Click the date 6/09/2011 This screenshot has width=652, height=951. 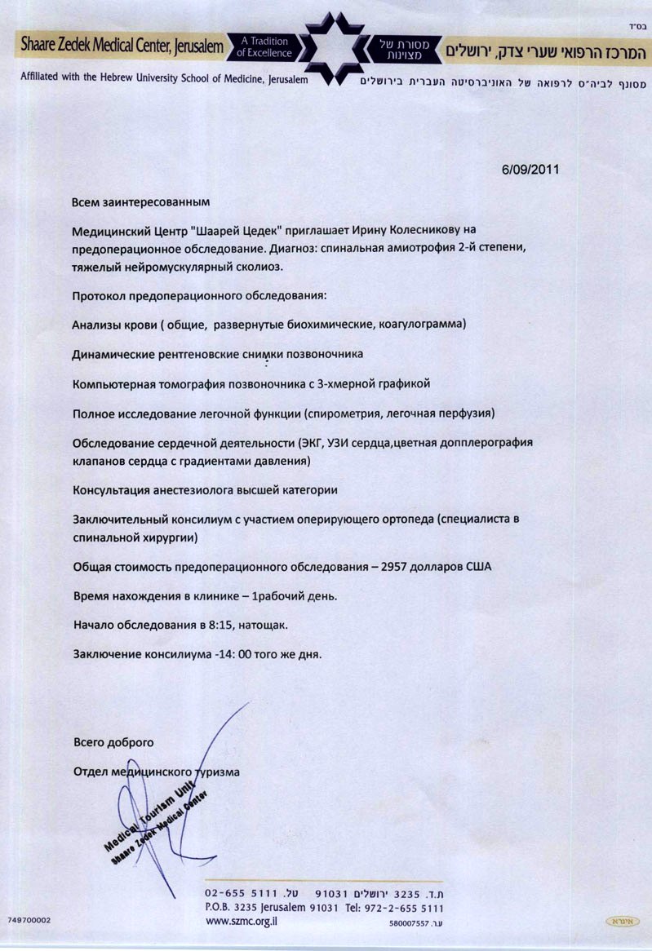coord(530,170)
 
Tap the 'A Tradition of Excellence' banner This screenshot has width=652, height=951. coord(264,47)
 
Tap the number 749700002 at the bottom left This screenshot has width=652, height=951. coord(29,919)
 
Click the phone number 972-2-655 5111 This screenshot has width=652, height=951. coord(406,907)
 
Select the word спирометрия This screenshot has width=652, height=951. coord(346,414)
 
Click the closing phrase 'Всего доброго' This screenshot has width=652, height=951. coord(113,742)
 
